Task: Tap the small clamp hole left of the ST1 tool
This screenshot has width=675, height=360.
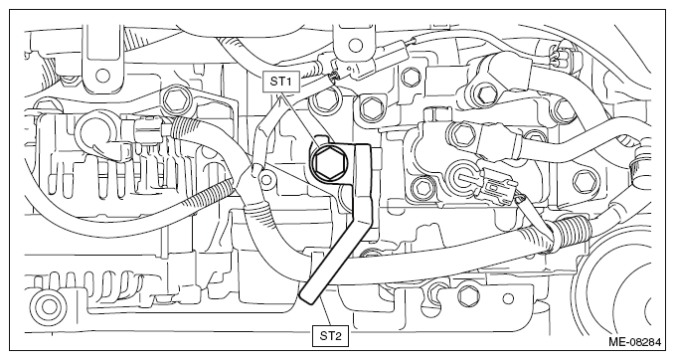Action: tap(266, 179)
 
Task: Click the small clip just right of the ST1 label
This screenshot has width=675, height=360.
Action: tap(329, 72)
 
